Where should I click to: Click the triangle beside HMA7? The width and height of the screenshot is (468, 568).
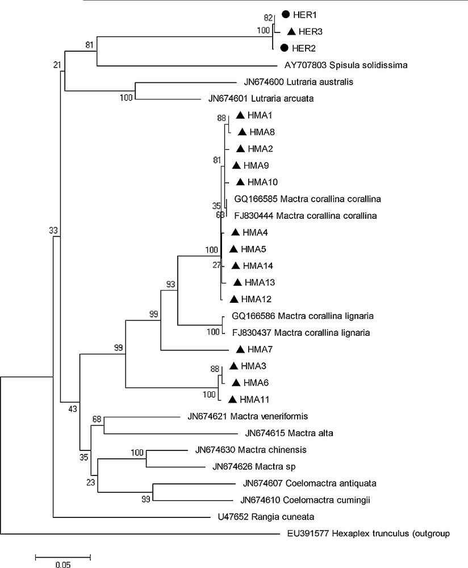pyautogui.click(x=240, y=349)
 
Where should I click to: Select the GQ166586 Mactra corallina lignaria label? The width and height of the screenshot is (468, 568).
pyautogui.click(x=302, y=316)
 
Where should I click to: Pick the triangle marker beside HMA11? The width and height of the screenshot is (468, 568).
pyautogui.click(x=232, y=399)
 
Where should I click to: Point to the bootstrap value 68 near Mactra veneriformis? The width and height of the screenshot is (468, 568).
pyautogui.click(x=97, y=419)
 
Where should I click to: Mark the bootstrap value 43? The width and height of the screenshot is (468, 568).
pyautogui.click(x=72, y=408)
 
